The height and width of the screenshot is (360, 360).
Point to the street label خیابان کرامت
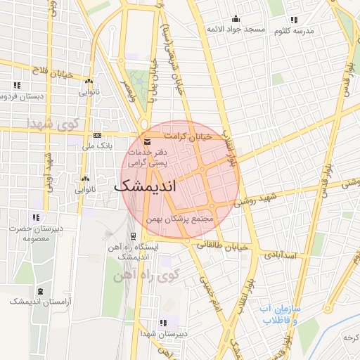[187, 136]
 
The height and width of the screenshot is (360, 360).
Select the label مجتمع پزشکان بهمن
[180, 220]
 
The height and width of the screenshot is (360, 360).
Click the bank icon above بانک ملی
[97, 136]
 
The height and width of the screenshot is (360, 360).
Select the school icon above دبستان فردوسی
[16, 85]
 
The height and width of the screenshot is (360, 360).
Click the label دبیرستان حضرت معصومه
[34, 233]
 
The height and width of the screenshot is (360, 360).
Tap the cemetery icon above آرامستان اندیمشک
[40, 290]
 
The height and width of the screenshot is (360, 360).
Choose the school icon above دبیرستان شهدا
[163, 323]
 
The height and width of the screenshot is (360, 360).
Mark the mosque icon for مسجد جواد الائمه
[235, 19]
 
